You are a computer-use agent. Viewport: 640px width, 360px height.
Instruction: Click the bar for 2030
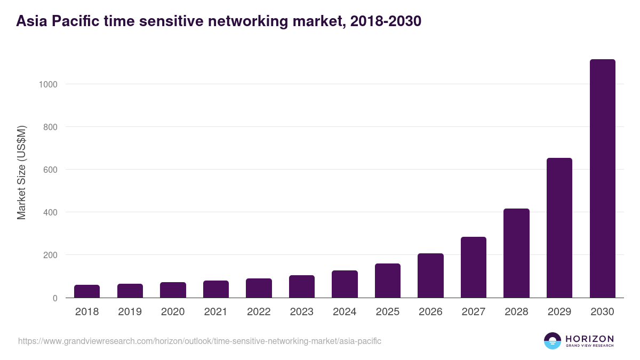pyautogui.click(x=602, y=178)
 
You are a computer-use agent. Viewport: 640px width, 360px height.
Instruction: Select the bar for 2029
pyautogui.click(x=559, y=228)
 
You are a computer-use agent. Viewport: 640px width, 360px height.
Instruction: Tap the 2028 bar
pyautogui.click(x=516, y=253)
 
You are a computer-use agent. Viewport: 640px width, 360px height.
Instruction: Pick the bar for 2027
pyautogui.click(x=473, y=267)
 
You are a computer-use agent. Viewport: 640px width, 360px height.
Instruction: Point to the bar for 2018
pyautogui.click(x=87, y=291)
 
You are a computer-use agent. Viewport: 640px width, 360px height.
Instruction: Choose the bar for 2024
pyautogui.click(x=345, y=284)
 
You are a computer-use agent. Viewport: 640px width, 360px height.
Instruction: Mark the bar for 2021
pyautogui.click(x=216, y=289)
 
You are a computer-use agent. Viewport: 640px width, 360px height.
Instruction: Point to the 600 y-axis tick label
pyautogui.click(x=50, y=170)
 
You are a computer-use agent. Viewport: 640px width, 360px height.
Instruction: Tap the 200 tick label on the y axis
pyautogui.click(x=50, y=255)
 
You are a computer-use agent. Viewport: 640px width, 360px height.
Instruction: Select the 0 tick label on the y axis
pyautogui.click(x=54, y=298)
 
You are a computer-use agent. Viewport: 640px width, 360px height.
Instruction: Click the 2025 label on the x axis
pyautogui.click(x=388, y=312)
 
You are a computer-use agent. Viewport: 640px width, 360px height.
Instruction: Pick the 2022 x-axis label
pyautogui.click(x=259, y=312)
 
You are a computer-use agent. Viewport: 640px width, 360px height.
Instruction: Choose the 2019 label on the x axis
pyautogui.click(x=130, y=312)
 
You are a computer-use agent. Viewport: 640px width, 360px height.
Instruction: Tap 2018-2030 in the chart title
pyautogui.click(x=386, y=21)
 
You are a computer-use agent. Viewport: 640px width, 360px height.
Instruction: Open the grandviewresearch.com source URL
pyautogui.click(x=199, y=341)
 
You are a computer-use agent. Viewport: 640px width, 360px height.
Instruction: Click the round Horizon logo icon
pyautogui.click(x=553, y=341)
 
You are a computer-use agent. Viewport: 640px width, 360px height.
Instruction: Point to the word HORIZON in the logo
pyautogui.click(x=589, y=339)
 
